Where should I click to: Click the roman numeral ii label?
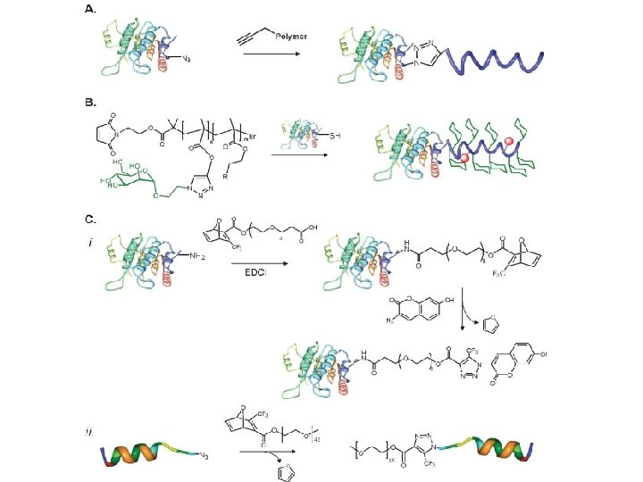click(x=91, y=431)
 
